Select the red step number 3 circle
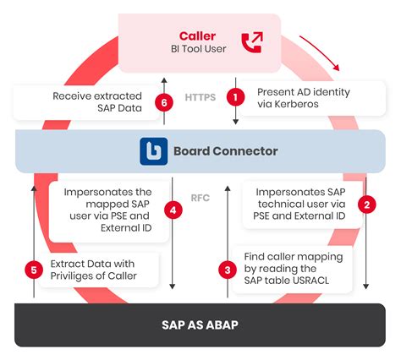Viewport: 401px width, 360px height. pyautogui.click(x=227, y=270)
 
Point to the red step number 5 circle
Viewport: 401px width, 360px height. pyautogui.click(x=34, y=270)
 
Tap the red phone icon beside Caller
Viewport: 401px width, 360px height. pyautogui.click(x=251, y=42)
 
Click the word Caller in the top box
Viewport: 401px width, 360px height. pyautogui.click(x=197, y=35)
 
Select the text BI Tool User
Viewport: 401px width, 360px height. pyautogui.click(x=197, y=51)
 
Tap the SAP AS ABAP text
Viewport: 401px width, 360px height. pyautogui.click(x=200, y=325)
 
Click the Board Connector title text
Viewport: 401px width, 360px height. pyautogui.click(x=225, y=151)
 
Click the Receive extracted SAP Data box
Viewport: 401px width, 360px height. pyautogui.click(x=90, y=102)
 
